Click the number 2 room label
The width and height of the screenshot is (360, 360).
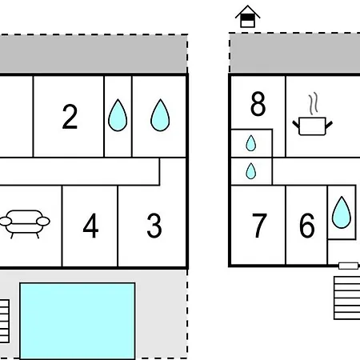tap(70, 117)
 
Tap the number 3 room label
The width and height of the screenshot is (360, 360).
tap(154, 226)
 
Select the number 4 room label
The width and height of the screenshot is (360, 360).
tap(90, 226)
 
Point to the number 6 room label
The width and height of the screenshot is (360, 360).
tap(307, 226)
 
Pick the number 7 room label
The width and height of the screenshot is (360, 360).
tap(259, 226)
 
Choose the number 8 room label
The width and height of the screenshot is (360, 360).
tap(258, 104)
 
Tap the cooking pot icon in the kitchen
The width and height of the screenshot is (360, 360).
tap(312, 126)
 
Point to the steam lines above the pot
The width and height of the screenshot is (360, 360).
tap(314, 103)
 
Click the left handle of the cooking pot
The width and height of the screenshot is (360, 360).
tap(296, 124)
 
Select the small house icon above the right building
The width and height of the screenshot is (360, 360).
tap(247, 17)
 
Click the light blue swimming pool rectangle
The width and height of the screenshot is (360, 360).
tap(78, 321)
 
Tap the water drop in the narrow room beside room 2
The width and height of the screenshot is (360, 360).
tap(118, 115)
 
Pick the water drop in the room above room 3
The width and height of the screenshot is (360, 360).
tap(160, 115)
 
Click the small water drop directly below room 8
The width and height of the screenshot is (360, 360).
tap(250, 143)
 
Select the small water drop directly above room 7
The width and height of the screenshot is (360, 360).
tap(250, 171)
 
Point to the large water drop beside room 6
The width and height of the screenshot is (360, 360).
tap(342, 213)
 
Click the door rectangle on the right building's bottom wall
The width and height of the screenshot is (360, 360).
tap(348, 266)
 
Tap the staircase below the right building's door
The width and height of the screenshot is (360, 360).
tap(347, 298)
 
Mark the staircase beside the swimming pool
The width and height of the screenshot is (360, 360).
tap(5, 321)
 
